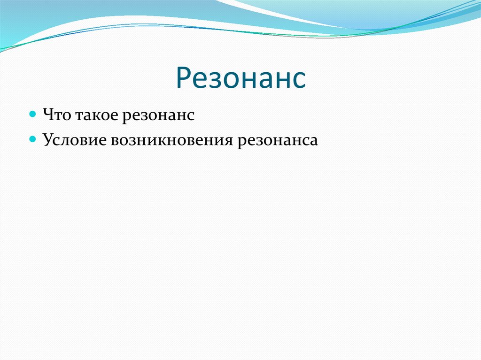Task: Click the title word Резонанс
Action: [241, 77]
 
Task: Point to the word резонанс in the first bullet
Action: [158, 117]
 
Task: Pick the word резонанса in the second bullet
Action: [278, 142]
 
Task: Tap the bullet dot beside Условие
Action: [32, 139]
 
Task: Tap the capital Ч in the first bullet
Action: [48, 115]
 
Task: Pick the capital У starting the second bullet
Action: [49, 139]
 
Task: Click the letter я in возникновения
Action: [228, 141]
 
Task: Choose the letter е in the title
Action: [201, 80]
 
